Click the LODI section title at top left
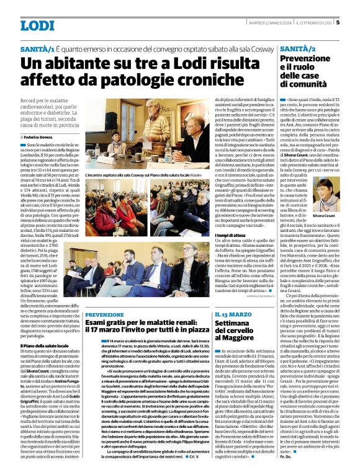pyautogui.click(x=38, y=25)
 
